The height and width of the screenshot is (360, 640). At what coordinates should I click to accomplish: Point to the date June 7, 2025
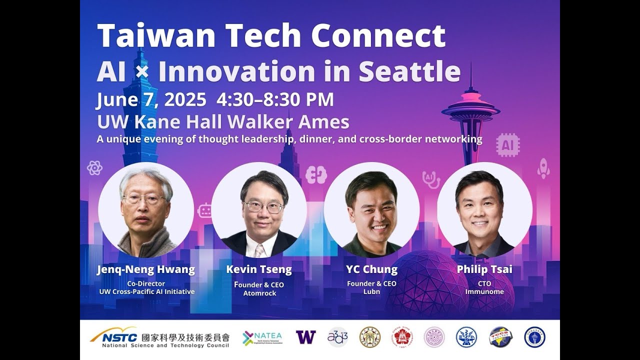click(x=151, y=100)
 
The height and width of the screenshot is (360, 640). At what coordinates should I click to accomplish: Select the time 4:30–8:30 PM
click(x=275, y=100)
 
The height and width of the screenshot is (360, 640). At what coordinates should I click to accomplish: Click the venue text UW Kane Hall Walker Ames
click(x=223, y=122)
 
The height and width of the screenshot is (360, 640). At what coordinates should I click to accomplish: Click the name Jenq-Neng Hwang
click(x=145, y=270)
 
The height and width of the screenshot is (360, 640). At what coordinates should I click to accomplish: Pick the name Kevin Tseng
click(x=259, y=270)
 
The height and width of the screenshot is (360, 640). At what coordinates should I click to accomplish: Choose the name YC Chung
click(x=371, y=270)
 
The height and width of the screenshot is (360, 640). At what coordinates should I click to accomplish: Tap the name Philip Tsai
click(x=484, y=270)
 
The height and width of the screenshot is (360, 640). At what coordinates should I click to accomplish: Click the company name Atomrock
click(x=259, y=293)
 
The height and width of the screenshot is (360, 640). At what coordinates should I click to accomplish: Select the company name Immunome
click(x=484, y=292)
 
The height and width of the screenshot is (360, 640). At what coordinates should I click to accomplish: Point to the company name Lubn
click(x=371, y=292)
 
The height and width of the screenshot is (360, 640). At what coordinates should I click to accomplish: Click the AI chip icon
click(x=508, y=145)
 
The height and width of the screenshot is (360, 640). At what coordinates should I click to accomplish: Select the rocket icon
click(x=543, y=168)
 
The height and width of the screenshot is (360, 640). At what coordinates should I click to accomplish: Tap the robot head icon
click(x=205, y=210)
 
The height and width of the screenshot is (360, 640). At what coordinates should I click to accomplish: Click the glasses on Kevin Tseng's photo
click(x=263, y=206)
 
